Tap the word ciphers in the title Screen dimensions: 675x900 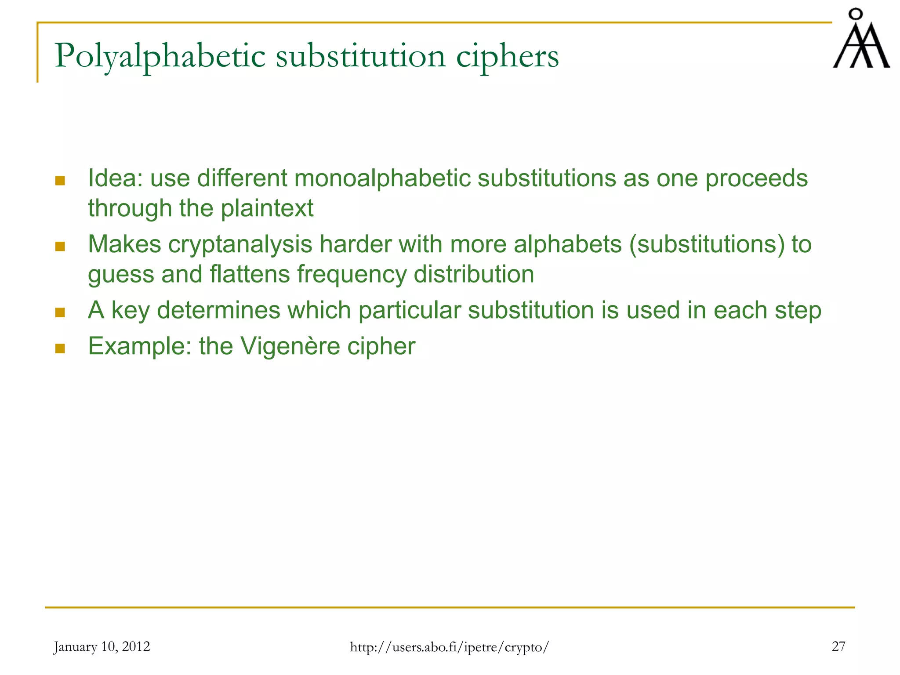coord(507,56)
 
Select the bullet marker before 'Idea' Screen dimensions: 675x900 coord(60,181)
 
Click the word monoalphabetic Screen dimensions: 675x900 coord(382,178)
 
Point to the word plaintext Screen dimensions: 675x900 coord(267,208)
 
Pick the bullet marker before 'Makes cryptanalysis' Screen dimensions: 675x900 coord(60,247)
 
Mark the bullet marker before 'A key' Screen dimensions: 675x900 coord(60,312)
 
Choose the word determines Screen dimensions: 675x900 coord(218,310)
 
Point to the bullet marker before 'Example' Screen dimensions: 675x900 coord(60,348)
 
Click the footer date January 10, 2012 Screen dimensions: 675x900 coord(102,646)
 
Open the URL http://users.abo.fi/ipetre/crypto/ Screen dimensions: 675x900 coord(449,647)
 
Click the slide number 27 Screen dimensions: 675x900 coord(838,646)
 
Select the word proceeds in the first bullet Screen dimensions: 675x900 coord(756,178)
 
